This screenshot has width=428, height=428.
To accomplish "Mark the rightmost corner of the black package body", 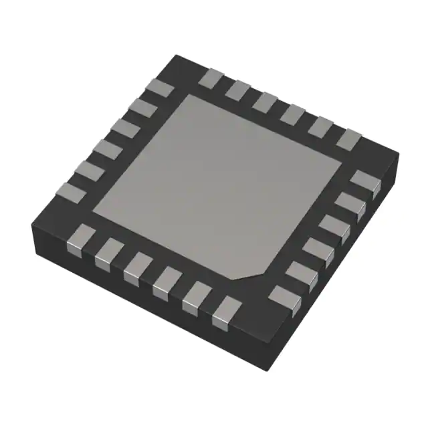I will (399, 155).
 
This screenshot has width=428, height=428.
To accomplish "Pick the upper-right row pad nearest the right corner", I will (348, 138).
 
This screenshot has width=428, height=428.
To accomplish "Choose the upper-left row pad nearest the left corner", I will (71, 193).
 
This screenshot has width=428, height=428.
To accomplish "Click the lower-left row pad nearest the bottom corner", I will (226, 313).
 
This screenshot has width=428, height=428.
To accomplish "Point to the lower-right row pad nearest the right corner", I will (364, 183).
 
